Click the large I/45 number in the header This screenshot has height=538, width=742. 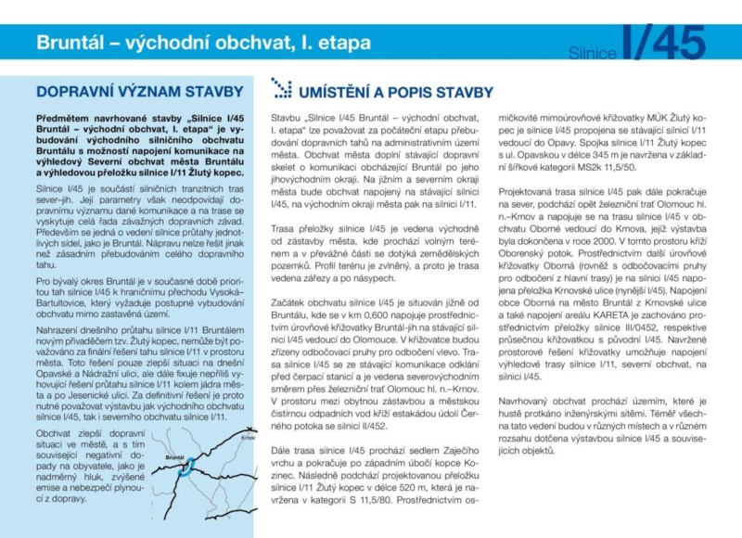click(665, 45)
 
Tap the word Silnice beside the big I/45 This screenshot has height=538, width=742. click(595, 53)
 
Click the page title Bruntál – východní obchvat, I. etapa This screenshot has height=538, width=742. click(203, 43)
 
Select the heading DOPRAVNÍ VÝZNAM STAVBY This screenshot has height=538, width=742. click(140, 92)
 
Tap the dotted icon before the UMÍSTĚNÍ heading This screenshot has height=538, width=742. click(280, 89)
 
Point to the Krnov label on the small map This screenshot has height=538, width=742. click(246, 436)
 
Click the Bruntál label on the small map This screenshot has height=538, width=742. click(174, 457)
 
